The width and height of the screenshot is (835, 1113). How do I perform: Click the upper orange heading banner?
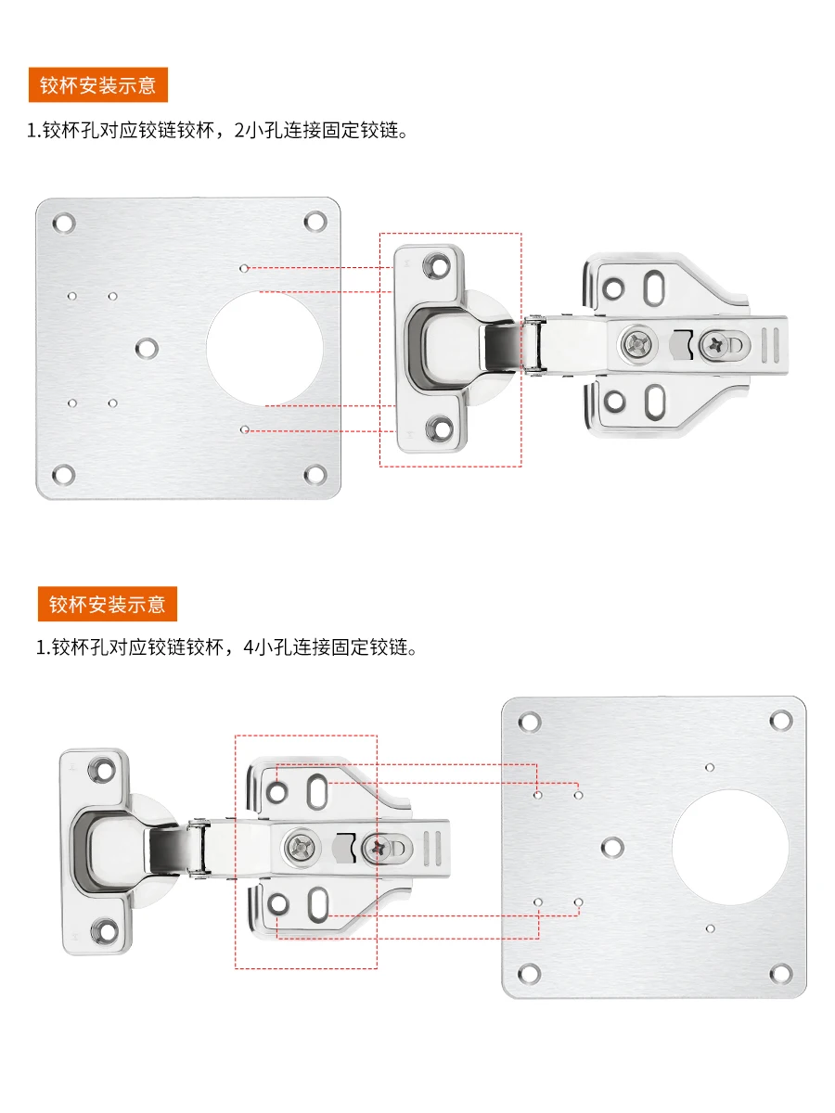point(97,84)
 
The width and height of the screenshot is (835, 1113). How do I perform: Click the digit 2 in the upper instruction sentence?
point(239,131)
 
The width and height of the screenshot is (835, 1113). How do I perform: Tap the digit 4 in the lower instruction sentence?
point(249,647)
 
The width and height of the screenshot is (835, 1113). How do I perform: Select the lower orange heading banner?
point(108,604)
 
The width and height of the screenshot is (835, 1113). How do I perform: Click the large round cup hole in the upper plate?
point(264,349)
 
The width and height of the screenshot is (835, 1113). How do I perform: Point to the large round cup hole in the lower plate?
point(730,848)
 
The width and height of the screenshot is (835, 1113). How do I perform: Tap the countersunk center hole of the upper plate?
point(147,348)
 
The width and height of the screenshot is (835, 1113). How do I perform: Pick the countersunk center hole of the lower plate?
point(612,847)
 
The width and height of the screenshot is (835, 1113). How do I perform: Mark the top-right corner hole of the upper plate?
point(315,222)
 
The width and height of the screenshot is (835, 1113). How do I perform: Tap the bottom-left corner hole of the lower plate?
point(530,973)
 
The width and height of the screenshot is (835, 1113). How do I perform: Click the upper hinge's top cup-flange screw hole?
point(439,264)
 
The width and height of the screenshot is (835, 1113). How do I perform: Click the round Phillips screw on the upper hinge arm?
point(639,344)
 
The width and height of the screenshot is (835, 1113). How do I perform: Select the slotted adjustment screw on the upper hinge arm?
point(716,345)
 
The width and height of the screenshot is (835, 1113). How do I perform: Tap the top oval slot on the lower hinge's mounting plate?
point(318,791)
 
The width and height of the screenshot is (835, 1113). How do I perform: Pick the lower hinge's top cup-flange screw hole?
point(103,770)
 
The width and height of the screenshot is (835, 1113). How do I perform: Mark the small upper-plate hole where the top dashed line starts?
point(244,268)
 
